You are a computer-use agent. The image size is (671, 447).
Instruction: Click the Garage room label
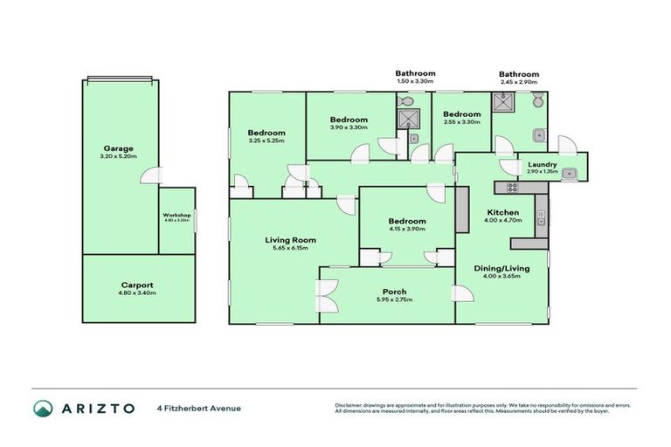coord(120,148)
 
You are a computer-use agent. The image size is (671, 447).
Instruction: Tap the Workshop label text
coord(176,215)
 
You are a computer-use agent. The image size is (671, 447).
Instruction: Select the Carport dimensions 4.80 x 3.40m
coord(137,292)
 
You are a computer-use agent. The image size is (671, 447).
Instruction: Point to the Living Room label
coord(290,239)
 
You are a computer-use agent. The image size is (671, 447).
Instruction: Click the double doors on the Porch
coord(326,295)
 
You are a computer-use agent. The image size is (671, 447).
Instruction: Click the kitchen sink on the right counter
coord(542,213)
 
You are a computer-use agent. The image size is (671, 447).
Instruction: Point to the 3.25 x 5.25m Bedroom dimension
coord(266,141)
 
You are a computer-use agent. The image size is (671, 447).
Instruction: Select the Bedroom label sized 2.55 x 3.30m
coord(461,114)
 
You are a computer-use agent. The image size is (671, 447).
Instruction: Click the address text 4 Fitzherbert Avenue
coord(198,408)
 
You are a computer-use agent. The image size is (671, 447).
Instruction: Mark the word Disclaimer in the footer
coord(351,404)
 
